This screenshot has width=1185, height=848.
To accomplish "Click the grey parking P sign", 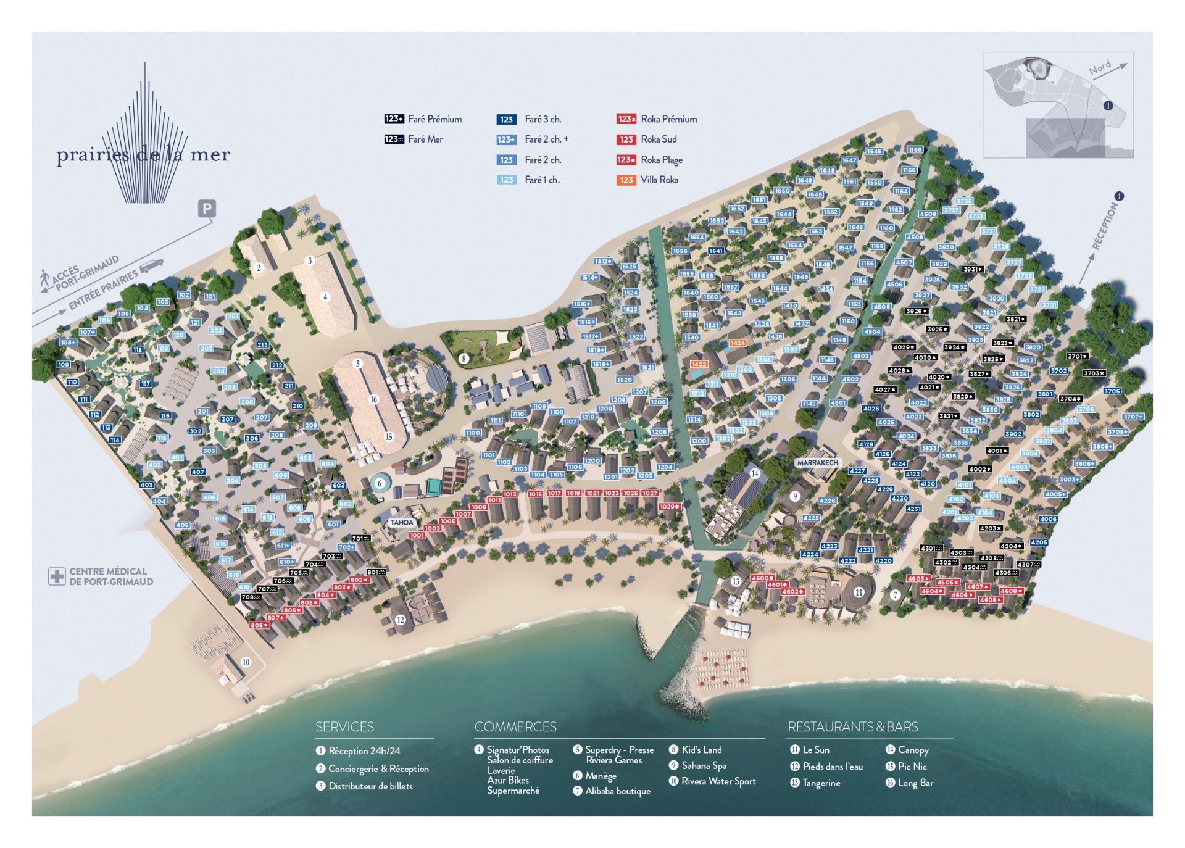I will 207,209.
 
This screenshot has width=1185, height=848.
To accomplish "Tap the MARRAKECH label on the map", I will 817,463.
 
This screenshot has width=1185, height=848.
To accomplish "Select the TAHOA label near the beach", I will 401,522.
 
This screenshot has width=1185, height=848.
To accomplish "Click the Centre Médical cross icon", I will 57,576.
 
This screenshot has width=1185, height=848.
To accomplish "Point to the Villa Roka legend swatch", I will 626,180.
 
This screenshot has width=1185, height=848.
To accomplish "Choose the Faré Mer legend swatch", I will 394,139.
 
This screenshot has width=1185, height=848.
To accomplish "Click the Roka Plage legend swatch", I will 626,160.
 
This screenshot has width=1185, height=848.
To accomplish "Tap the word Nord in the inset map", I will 1099,68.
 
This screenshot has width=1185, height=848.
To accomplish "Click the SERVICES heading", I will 344,727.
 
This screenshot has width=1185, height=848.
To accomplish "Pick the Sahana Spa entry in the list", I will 704,765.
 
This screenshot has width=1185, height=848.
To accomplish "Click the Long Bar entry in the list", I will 915,783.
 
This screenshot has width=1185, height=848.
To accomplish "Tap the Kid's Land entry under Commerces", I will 701,750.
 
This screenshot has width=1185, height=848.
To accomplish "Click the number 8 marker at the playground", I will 464,359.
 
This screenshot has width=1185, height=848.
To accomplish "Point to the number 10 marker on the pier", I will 246,662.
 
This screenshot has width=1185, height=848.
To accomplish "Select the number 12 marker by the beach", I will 401,620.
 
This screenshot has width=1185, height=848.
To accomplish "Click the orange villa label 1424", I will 738,343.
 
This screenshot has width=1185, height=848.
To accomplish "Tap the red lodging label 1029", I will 669,507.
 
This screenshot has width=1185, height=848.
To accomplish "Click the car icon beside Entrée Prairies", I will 152,266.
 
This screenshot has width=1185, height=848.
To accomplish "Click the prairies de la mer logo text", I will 143,154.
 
